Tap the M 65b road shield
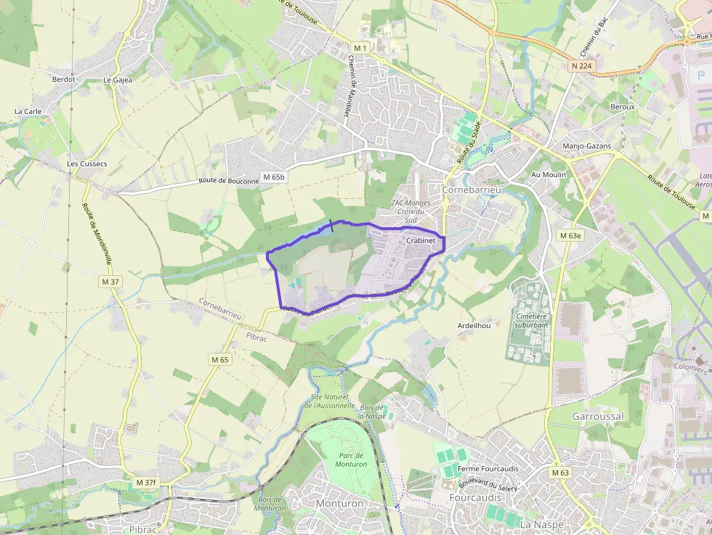(275, 177)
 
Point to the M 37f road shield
(146, 483)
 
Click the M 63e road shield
(570, 236)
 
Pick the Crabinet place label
(421, 240)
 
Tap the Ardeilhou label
(474, 326)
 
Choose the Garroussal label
(598, 417)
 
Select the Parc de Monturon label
(352, 460)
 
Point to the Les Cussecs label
(87, 164)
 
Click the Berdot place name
(63, 79)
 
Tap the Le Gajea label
(118, 80)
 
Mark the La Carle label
(28, 112)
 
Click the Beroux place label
(623, 107)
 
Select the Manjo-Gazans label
(587, 146)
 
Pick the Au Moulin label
(549, 175)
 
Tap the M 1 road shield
(361, 48)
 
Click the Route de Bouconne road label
(229, 181)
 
